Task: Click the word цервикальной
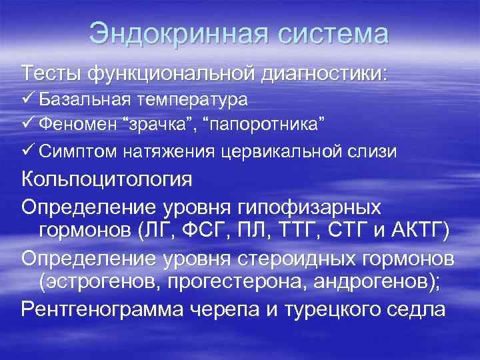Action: click(x=283, y=152)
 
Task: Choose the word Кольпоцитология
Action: click(x=107, y=180)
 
